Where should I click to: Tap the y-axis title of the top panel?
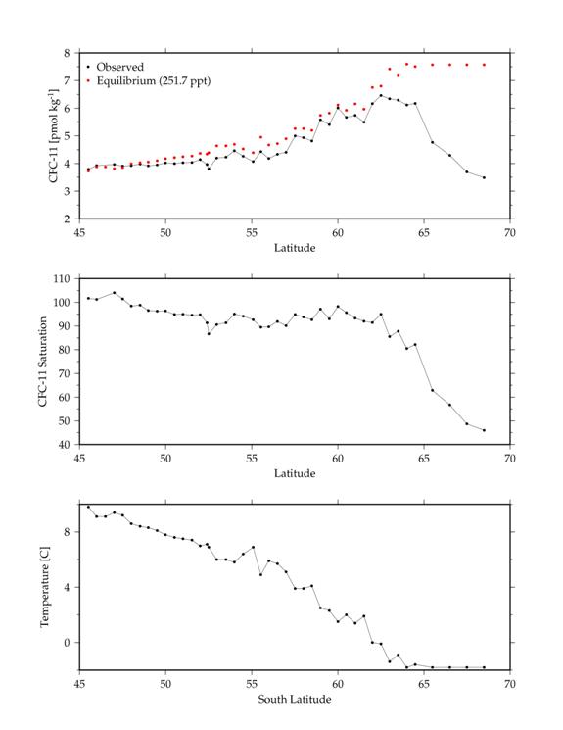coord(54,136)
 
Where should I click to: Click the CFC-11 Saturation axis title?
coord(43,362)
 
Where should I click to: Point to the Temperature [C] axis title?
coord(45,587)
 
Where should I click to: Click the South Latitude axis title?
coord(295,700)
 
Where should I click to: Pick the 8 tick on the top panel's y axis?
coord(67,53)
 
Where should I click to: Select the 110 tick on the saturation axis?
coord(61,279)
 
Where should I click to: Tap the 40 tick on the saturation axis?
coord(64,445)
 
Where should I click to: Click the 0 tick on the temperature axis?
coord(67,643)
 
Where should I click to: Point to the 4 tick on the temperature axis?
coord(67,587)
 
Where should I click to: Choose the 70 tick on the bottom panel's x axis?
coord(510,684)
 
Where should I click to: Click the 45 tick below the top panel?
coord(79,233)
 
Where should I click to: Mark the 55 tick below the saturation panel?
coord(252,459)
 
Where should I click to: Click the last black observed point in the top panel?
coord(484,177)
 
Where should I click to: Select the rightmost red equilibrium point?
coord(484,65)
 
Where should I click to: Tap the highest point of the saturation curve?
coord(114,293)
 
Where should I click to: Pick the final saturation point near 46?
coord(484,430)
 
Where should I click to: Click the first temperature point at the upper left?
coord(88,507)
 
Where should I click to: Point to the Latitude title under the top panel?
coord(295,248)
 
